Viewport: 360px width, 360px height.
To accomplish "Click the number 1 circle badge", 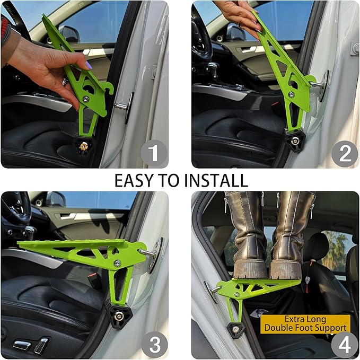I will [154, 154].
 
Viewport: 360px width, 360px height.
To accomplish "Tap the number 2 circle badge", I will [345, 154].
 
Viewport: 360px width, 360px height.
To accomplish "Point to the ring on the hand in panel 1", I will [65, 82].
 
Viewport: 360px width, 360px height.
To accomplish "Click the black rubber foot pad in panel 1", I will [83, 143].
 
